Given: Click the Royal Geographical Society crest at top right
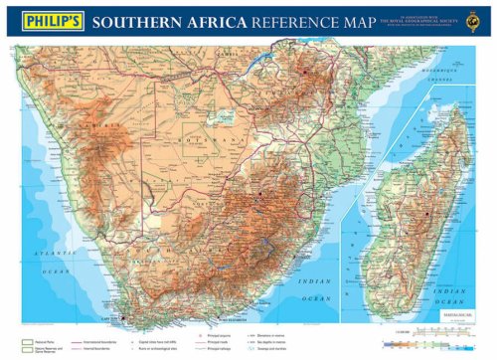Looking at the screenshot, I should (x=480, y=20).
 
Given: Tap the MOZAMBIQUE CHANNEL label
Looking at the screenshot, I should (x=443, y=74).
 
